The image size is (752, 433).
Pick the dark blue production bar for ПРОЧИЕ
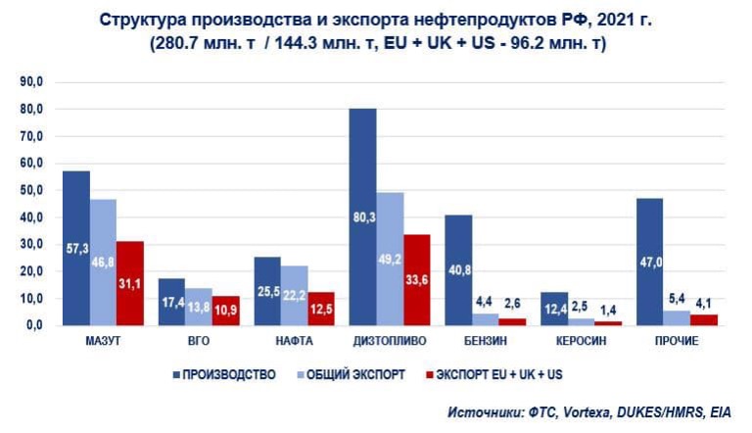pos(649,261)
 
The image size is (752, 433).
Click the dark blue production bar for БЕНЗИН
pos(458,269)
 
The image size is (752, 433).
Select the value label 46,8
pos(104,291)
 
